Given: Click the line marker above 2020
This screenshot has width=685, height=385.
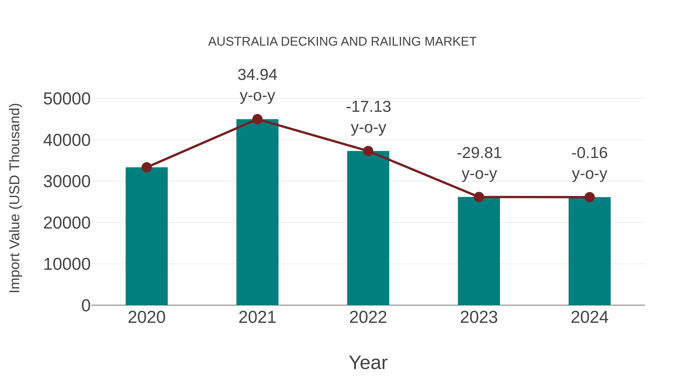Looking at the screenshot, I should [147, 167].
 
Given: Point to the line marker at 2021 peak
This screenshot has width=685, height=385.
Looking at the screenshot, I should [257, 119].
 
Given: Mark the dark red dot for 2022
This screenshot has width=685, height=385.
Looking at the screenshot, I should [368, 151].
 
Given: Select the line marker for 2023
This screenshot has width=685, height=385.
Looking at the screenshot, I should [479, 197].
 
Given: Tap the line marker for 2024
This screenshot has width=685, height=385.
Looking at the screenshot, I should [589, 197].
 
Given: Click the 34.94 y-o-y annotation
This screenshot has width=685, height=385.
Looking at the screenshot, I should [257, 85].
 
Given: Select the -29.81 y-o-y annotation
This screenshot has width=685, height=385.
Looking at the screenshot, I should [479, 163].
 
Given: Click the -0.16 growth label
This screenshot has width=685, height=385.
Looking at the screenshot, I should [589, 163].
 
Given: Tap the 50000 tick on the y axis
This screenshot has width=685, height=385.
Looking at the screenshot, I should [67, 99].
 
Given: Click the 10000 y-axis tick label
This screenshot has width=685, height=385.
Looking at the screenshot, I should [67, 264].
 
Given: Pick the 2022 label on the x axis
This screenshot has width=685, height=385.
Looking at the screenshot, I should [368, 317].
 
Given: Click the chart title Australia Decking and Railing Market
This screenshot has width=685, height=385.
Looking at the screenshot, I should [342, 42].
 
